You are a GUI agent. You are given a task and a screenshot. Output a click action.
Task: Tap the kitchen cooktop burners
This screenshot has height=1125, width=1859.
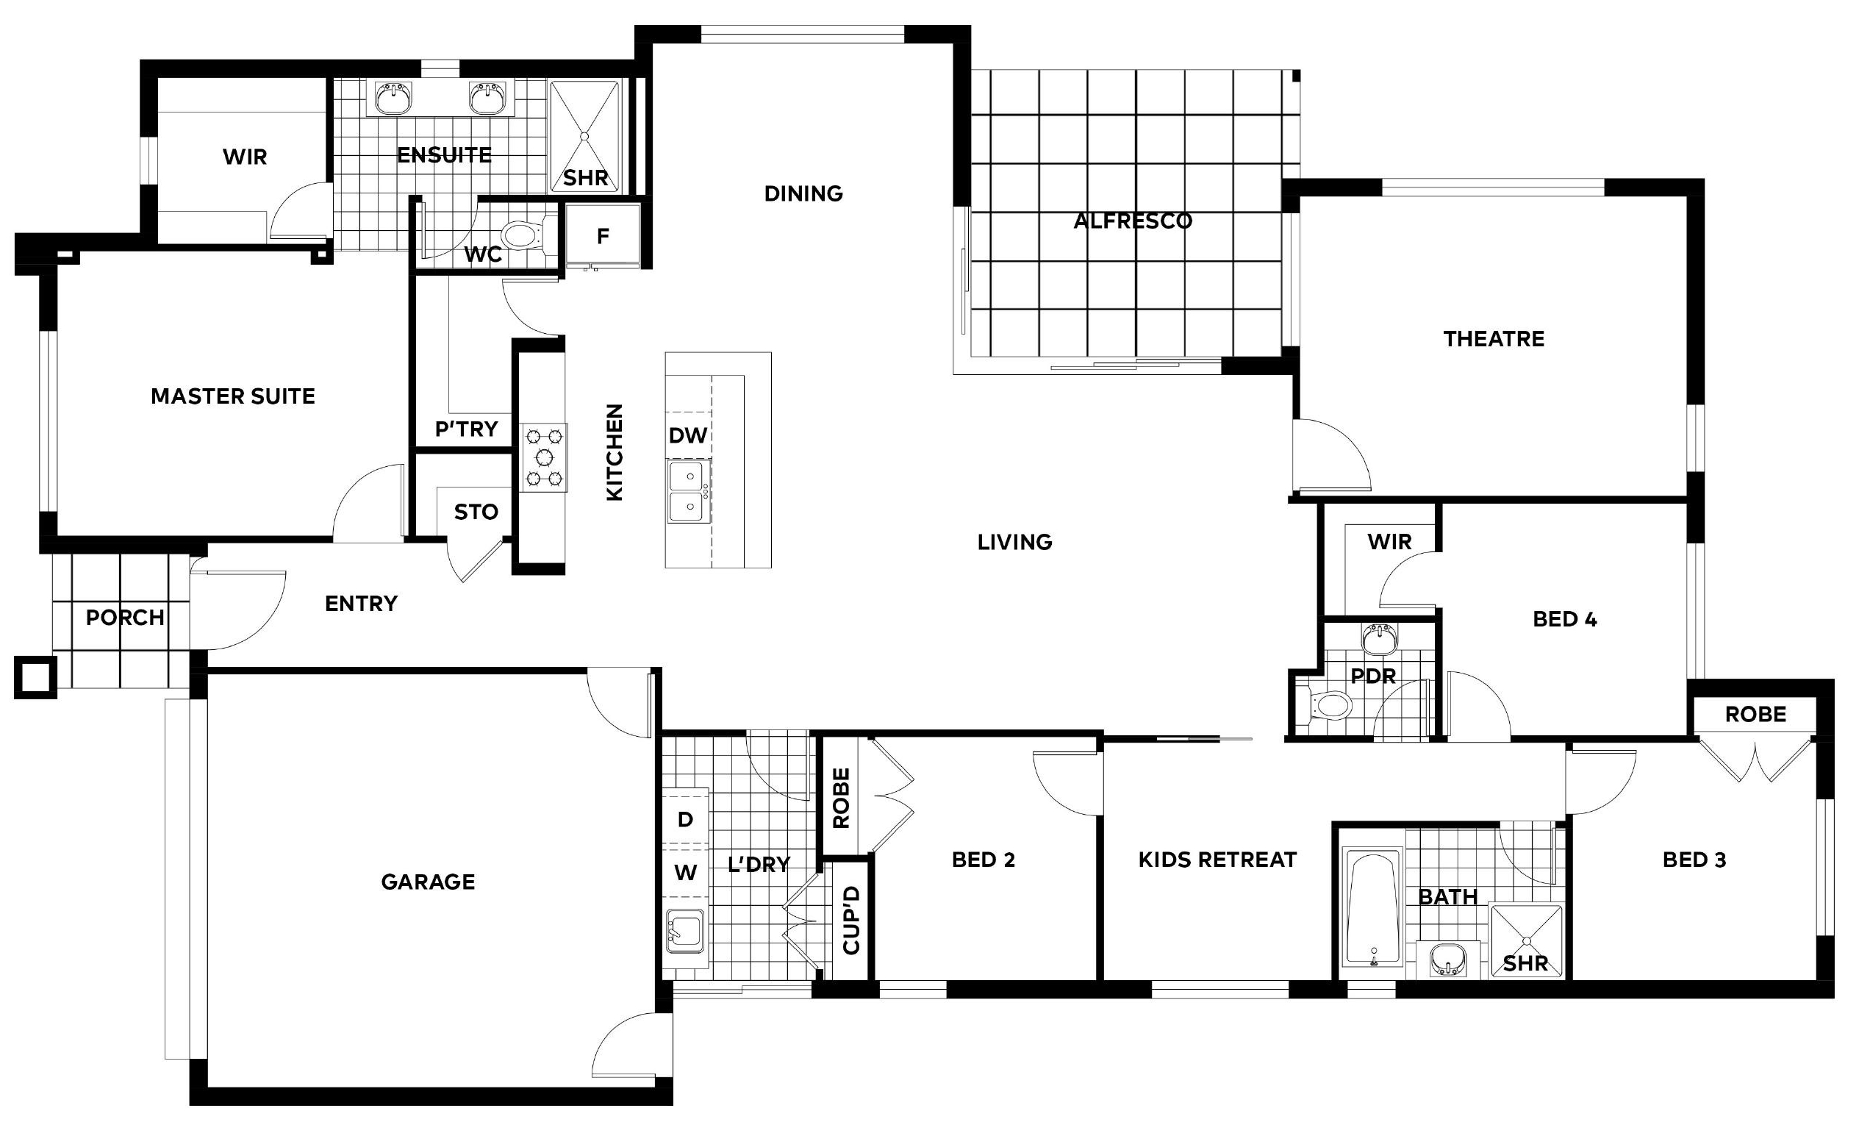pyautogui.click(x=544, y=457)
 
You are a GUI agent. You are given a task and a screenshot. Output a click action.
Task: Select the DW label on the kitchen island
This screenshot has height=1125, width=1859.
pyautogui.click(x=688, y=435)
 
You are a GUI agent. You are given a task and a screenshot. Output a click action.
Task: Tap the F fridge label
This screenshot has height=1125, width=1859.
pyautogui.click(x=603, y=237)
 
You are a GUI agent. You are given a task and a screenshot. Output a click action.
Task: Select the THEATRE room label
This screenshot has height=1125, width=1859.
pyautogui.click(x=1494, y=339)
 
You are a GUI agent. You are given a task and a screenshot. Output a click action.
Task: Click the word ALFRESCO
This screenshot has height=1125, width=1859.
pyautogui.click(x=1133, y=221)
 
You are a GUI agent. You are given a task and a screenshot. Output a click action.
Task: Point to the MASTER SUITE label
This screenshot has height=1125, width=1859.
pyautogui.click(x=233, y=396)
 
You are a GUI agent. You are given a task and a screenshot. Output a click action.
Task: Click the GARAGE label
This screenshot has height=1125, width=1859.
pyautogui.click(x=428, y=882)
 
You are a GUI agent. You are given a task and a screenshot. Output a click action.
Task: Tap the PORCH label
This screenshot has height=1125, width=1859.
pyautogui.click(x=125, y=618)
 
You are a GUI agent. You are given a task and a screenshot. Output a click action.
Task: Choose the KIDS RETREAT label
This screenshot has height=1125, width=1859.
pyautogui.click(x=1217, y=860)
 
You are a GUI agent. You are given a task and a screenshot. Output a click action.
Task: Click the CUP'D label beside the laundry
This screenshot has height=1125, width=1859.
pyautogui.click(x=851, y=920)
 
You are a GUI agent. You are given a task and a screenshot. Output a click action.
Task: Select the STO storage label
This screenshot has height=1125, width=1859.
pyautogui.click(x=476, y=512)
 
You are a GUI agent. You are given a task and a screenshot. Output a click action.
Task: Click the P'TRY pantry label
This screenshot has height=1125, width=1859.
pyautogui.click(x=466, y=429)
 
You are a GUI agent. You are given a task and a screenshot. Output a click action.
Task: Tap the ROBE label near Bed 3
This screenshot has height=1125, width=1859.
pyautogui.click(x=1755, y=715)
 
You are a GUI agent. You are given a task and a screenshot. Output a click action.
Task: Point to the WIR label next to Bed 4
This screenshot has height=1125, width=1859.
pyautogui.click(x=1390, y=542)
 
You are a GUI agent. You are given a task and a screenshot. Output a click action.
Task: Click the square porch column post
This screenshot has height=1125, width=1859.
pyautogui.click(x=35, y=676)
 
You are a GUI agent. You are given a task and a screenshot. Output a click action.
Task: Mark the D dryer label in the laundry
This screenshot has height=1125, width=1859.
pyautogui.click(x=685, y=819)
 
